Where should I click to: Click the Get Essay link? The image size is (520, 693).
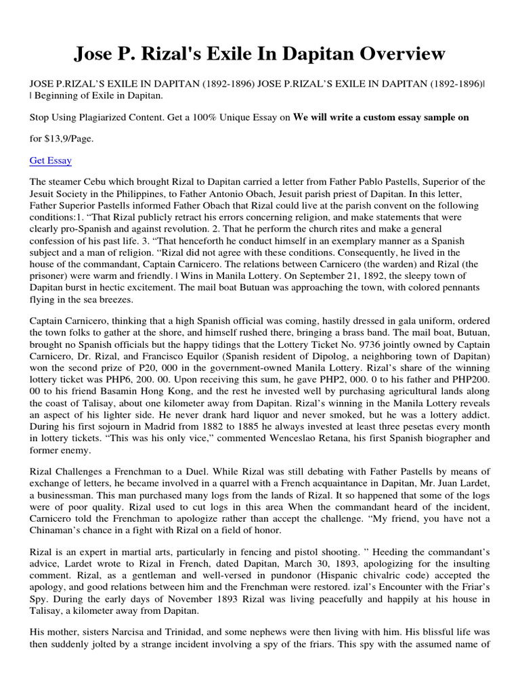click(x=51, y=160)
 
